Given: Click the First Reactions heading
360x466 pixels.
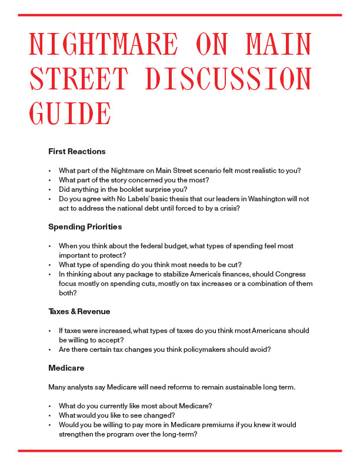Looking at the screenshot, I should click(x=77, y=151).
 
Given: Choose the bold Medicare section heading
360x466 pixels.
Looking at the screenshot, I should click(x=66, y=368).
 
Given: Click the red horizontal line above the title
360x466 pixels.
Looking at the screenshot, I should click(x=180, y=15).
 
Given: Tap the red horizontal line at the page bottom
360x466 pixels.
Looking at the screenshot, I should click(x=180, y=451).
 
